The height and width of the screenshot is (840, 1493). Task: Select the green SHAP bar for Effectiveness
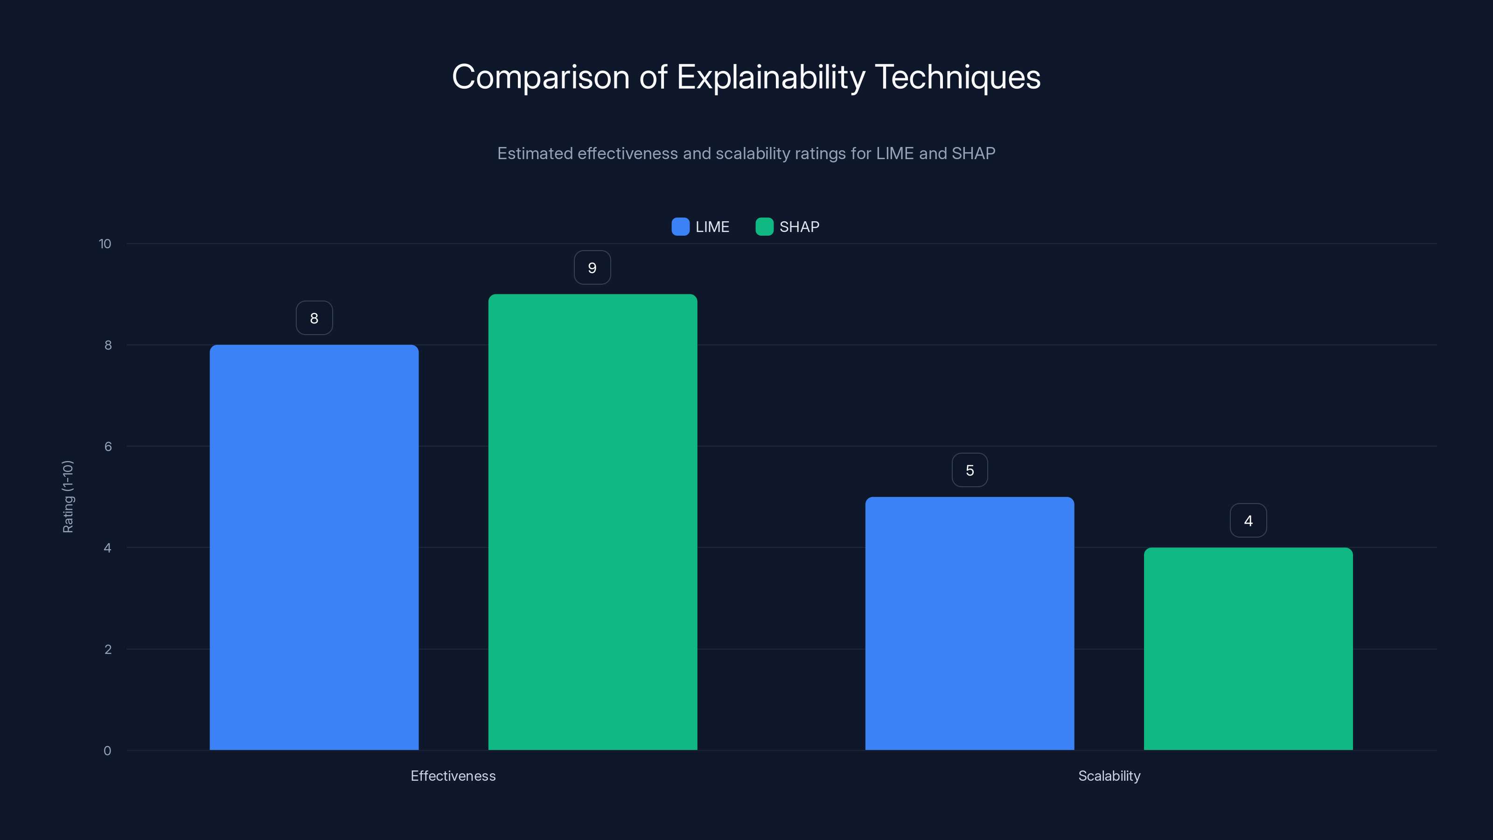[x=593, y=522]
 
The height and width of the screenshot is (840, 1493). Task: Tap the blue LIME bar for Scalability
[x=969, y=623]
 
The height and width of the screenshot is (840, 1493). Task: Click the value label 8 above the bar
[x=314, y=318]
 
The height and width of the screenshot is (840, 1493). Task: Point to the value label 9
[x=592, y=267]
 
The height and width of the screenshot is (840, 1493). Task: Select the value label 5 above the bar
[x=970, y=470]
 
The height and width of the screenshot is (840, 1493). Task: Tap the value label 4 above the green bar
[x=1248, y=521]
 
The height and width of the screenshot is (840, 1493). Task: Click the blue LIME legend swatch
[x=680, y=227]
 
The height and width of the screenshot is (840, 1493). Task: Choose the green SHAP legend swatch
[x=764, y=227]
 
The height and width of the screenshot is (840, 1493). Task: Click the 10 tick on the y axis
[x=105, y=244]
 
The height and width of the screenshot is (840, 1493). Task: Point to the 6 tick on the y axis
[x=108, y=447]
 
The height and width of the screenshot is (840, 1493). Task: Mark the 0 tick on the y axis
[x=107, y=751]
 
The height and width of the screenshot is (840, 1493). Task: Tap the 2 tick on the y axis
[x=108, y=649]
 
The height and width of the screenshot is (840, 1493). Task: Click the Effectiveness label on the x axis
[x=453, y=776]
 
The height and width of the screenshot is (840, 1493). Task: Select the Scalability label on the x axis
[x=1109, y=776]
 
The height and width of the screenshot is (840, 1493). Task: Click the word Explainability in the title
[x=770, y=77]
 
